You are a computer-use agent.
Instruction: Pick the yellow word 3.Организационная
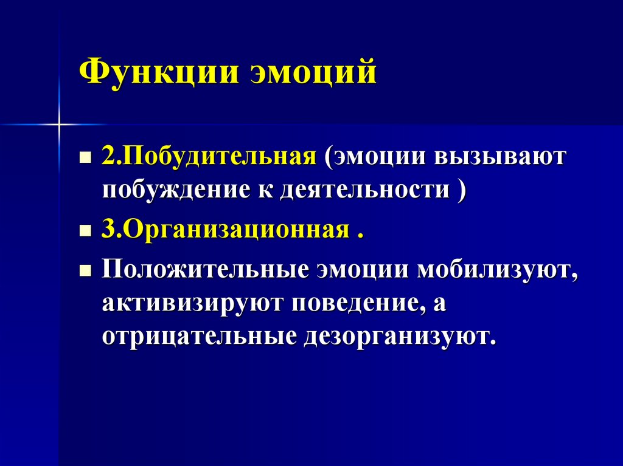click(x=224, y=231)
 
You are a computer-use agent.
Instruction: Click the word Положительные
click(x=204, y=269)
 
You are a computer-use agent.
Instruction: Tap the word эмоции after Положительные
click(x=363, y=269)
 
